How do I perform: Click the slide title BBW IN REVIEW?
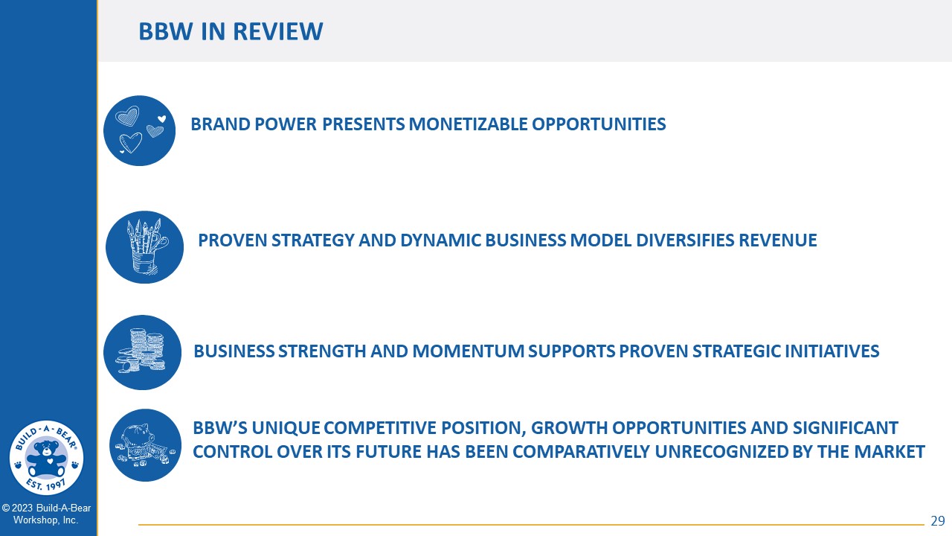pos(231,31)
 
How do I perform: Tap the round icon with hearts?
pos(139,130)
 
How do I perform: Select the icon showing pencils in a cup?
pos(144,247)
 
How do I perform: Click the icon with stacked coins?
pos(142,352)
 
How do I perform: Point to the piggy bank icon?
pos(145,445)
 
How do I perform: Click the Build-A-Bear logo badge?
pos(46,458)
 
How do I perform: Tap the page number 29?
pos(938,521)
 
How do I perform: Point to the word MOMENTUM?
pos(468,351)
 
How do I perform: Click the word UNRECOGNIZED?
pos(721,452)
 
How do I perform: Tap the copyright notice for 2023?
pos(46,514)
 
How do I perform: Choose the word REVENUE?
pos(778,240)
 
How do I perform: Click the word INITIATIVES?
pos(832,351)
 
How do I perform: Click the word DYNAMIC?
pos(440,240)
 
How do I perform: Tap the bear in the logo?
pos(46,459)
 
